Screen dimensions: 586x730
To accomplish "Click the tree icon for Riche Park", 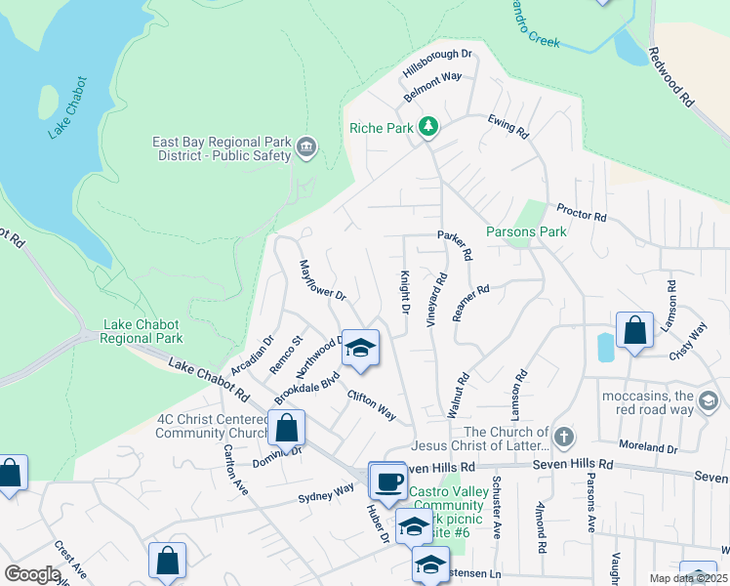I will pos(427,127).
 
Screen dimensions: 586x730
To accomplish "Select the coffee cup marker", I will pos(387,481).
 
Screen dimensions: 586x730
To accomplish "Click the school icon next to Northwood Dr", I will pos(360,348).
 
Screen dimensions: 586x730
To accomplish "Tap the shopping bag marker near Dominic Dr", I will pos(286,428).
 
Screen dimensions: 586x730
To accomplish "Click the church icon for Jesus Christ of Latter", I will pos(563,435).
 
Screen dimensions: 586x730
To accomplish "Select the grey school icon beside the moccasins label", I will pos(709,399).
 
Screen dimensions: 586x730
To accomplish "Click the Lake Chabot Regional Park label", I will pos(143,332).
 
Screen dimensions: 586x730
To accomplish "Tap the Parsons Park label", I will pos(526,232).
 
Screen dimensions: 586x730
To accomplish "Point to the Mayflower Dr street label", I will pos(322,280).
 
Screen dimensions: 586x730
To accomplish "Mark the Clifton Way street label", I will pos(372,405).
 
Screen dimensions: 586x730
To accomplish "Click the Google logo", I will pos(32,574).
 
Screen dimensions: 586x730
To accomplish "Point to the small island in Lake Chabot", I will pos(48,101).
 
